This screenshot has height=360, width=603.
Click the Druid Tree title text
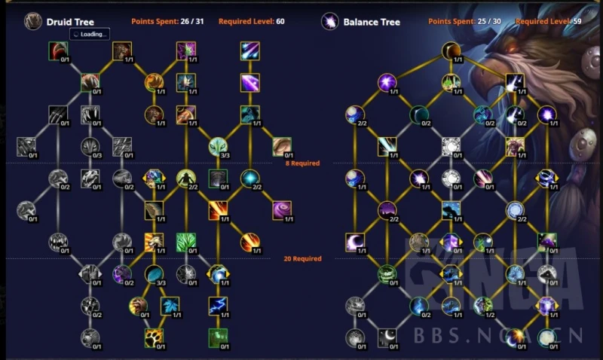[69, 21]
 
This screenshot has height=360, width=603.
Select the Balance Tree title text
[372, 21]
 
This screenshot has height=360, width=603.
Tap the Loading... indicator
[90, 34]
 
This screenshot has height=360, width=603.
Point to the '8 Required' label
[302, 163]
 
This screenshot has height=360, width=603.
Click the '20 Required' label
[303, 259]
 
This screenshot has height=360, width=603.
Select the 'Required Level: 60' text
[252, 21]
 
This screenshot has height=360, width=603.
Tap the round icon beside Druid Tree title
[32, 21]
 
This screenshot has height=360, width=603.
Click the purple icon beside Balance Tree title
[329, 21]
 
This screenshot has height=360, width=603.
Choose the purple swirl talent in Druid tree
[282, 209]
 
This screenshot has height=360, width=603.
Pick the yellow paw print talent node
[155, 337]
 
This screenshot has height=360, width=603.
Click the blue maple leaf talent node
[170, 305]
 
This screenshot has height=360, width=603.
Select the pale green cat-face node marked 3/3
[218, 145]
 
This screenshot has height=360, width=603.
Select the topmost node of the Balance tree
[451, 51]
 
